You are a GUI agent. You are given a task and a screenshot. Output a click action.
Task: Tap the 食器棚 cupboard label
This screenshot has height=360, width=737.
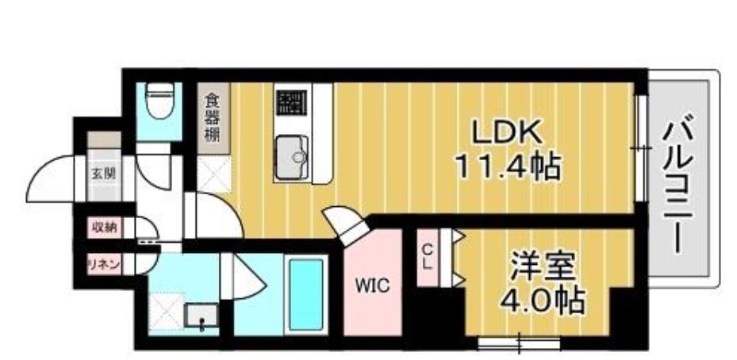click(213, 117)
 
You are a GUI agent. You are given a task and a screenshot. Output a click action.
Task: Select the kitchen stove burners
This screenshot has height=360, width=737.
click(291, 102)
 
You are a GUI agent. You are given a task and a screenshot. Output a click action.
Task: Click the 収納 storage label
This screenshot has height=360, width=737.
click(104, 227)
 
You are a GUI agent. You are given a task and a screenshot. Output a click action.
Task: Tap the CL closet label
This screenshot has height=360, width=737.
click(427, 256)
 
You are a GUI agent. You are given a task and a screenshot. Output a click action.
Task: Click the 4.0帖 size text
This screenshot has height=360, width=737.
click(543, 301)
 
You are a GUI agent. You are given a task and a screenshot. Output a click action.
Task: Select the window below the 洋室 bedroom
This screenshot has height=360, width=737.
click(520, 343)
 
